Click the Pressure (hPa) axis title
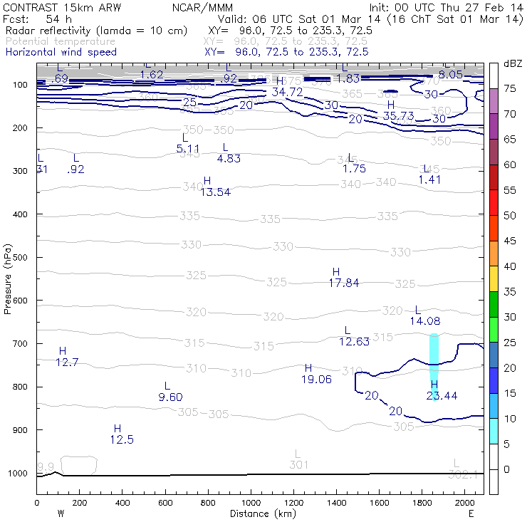[9, 276]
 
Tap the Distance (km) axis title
[259, 513]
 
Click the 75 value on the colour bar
[510, 88]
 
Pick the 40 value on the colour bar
[510, 266]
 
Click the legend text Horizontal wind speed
[61, 52]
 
